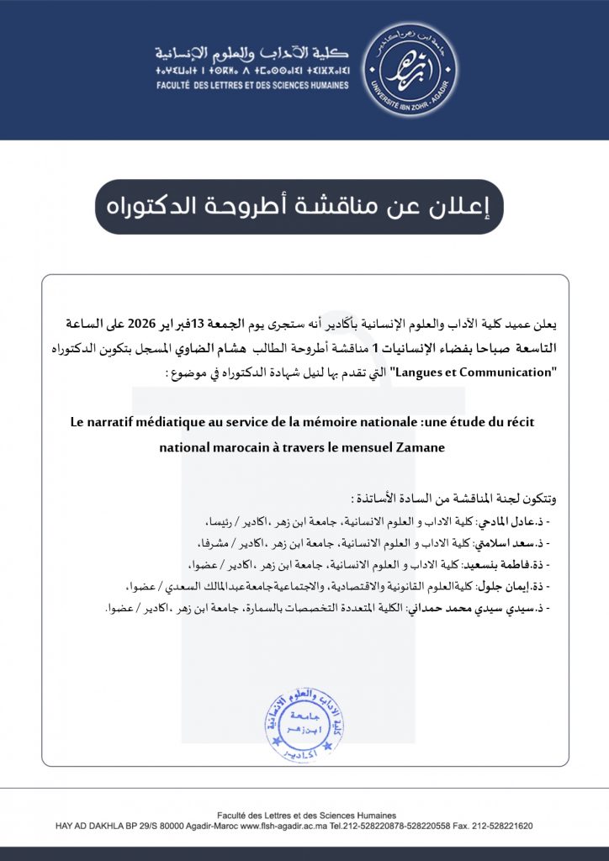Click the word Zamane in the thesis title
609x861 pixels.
pyautogui.click(x=419, y=448)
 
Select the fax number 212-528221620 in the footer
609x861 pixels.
pyautogui.click(x=504, y=826)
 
